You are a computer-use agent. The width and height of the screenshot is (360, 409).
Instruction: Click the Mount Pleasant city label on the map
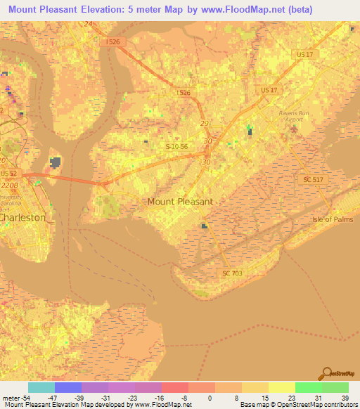[179, 202]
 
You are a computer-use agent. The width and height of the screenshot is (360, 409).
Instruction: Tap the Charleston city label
[22, 218]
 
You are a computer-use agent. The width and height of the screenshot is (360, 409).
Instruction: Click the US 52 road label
[8, 174]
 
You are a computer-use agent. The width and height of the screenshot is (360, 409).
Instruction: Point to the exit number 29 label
[205, 124]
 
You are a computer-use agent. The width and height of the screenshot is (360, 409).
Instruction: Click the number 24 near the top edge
[88, 24]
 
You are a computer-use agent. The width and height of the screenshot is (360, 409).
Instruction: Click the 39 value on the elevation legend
[345, 397]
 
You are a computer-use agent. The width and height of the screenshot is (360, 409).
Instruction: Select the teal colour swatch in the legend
[41, 387]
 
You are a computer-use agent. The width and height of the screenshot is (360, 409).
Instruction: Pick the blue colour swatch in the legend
[68, 387]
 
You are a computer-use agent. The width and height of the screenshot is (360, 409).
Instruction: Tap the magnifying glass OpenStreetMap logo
[326, 372]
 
